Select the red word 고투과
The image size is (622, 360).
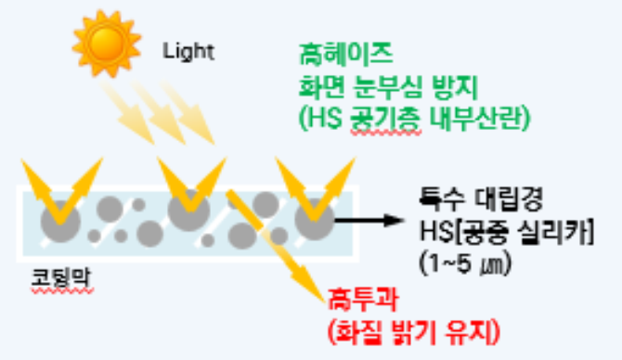354,298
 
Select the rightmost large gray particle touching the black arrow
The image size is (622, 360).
313,219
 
